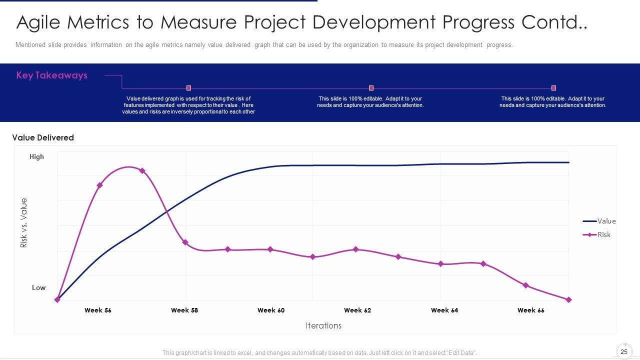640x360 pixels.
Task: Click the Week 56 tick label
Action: click(98, 310)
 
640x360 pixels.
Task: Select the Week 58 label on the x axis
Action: click(184, 310)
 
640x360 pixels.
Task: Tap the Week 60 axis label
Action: click(271, 310)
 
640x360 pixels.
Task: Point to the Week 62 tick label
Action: click(357, 310)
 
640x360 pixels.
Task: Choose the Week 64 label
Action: click(444, 310)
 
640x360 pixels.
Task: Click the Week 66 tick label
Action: click(531, 310)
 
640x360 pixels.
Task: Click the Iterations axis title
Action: click(323, 325)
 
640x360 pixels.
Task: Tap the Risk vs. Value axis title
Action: click(24, 223)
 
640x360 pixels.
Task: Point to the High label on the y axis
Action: click(36, 156)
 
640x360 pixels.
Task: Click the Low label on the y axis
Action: click(38, 287)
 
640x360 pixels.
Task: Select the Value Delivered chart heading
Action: click(43, 137)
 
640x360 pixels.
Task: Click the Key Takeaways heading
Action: click(51, 75)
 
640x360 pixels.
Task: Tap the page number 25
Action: click(624, 352)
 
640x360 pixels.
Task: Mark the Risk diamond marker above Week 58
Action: click(185, 242)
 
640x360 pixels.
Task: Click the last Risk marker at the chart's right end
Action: click(568, 300)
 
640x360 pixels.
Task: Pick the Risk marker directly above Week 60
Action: click(270, 249)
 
